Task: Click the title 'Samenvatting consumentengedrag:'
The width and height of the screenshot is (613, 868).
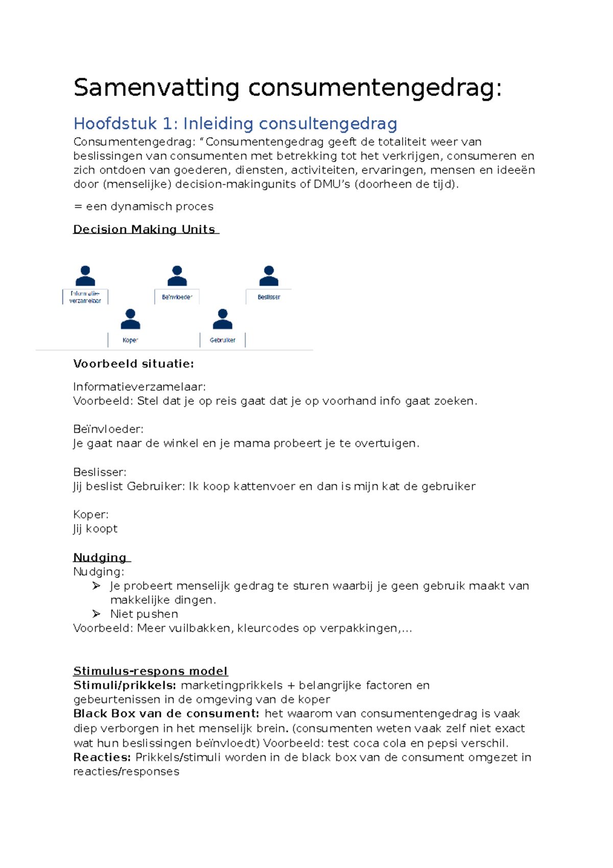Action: [x=288, y=88]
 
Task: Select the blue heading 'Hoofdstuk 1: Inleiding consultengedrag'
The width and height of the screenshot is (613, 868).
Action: [x=235, y=124]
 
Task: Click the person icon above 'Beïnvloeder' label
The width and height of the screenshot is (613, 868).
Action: [x=177, y=276]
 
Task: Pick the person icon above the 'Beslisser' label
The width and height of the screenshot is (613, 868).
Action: [x=269, y=276]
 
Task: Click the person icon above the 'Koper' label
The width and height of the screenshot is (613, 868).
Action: [x=130, y=319]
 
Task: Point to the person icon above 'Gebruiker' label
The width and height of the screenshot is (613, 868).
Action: [x=222, y=319]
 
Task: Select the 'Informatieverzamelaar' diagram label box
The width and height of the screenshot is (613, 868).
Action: [x=85, y=297]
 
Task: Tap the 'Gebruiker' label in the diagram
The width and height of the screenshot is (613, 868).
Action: [x=222, y=340]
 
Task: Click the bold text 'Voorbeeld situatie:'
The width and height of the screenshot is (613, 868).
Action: [x=133, y=364]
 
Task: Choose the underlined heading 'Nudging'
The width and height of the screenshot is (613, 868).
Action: [x=100, y=557]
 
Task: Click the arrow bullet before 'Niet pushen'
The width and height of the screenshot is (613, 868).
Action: [x=96, y=614]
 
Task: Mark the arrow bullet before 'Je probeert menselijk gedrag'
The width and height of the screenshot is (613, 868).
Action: [x=96, y=586]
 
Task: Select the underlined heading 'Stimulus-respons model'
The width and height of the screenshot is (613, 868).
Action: [x=150, y=671]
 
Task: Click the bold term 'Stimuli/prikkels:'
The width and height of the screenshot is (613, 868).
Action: [x=125, y=686]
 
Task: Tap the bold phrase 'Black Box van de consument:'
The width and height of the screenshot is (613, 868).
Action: [x=166, y=714]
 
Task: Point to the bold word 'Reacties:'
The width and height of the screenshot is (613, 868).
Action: [x=102, y=757]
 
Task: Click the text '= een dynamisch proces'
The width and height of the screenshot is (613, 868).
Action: [x=144, y=207]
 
